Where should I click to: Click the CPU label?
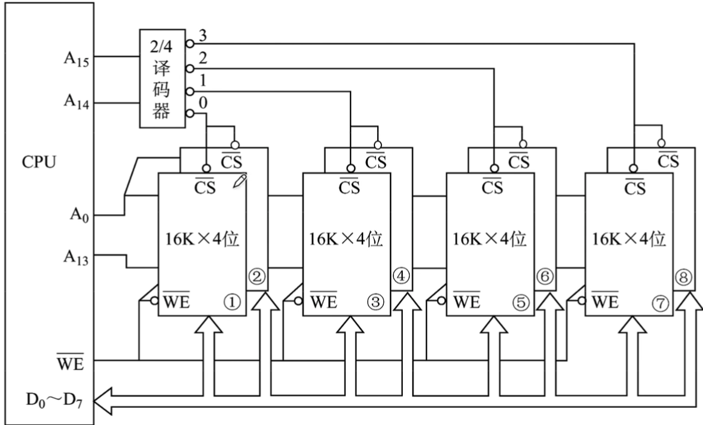click(40, 161)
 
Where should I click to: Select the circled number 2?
click(257, 276)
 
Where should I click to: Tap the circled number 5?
click(520, 303)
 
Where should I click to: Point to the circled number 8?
click(684, 276)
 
